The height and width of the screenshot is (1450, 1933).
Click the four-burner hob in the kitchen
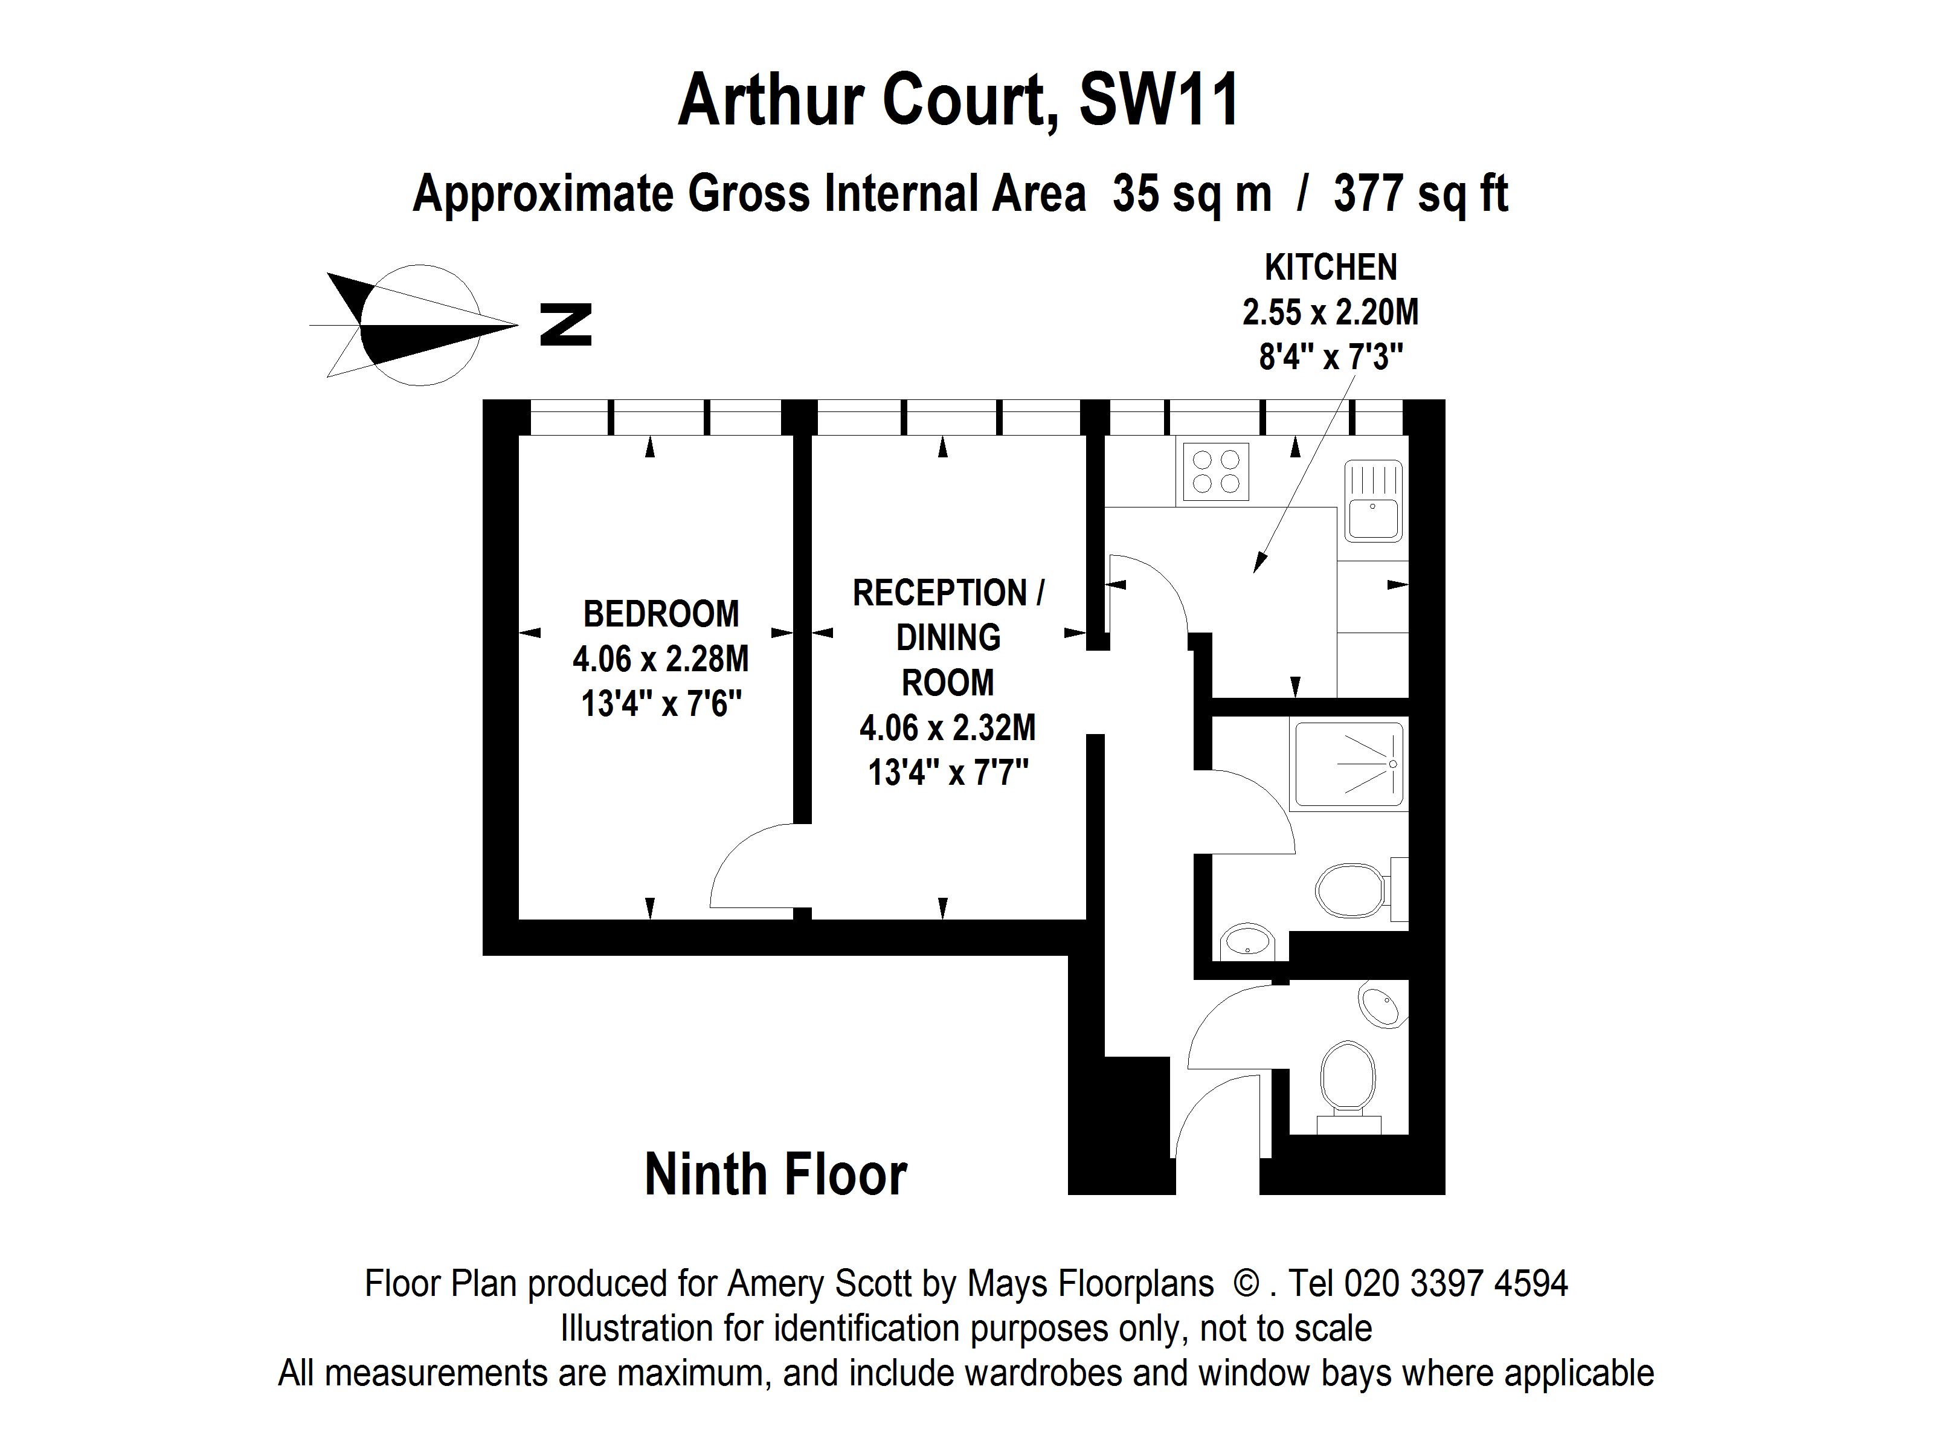[1215, 472]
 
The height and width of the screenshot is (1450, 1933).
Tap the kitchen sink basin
[1373, 519]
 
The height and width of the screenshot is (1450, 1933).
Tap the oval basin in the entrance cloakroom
[1381, 1007]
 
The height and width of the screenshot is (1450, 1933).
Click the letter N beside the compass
[565, 324]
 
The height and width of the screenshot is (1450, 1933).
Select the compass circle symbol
[420, 325]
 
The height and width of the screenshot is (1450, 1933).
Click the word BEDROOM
[661, 614]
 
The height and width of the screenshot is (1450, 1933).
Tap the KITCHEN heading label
[1330, 268]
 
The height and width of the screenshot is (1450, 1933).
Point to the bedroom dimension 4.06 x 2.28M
[661, 659]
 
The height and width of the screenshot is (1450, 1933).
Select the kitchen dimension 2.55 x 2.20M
[1330, 312]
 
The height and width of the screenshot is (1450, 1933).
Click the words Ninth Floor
[775, 1174]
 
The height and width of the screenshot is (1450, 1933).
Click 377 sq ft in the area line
[1420, 193]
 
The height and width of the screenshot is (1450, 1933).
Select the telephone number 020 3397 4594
[1455, 1283]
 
